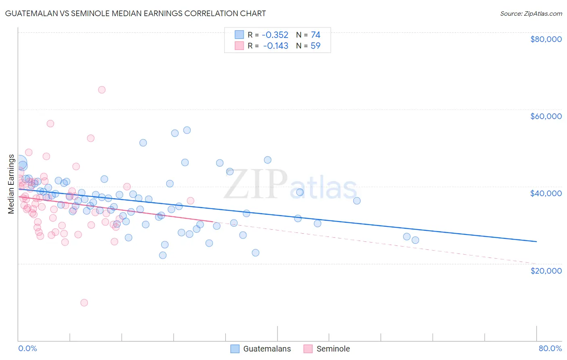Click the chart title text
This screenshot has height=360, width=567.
[x=135, y=13]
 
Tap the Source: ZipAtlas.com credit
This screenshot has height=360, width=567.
[x=531, y=14]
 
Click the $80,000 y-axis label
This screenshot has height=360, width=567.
[x=546, y=39]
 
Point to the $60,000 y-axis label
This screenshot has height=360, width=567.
[x=546, y=116]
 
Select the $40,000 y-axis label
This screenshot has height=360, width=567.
[x=546, y=193]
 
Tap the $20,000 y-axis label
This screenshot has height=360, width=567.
[x=546, y=270]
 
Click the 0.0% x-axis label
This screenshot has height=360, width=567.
[x=27, y=348]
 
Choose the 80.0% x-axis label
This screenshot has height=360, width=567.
[x=550, y=348]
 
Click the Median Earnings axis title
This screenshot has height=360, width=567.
[x=11, y=184]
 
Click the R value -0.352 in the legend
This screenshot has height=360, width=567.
[x=275, y=35]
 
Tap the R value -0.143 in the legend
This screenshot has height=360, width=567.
[x=275, y=46]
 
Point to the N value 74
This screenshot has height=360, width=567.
[x=315, y=35]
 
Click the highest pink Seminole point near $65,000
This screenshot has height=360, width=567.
[x=102, y=90]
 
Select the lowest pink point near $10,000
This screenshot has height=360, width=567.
[x=84, y=303]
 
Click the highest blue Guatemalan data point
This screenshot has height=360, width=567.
[x=187, y=130]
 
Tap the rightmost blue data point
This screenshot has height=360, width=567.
[x=415, y=240]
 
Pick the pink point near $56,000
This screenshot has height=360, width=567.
[x=50, y=123]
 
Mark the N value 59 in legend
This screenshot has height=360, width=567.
[x=315, y=46]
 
